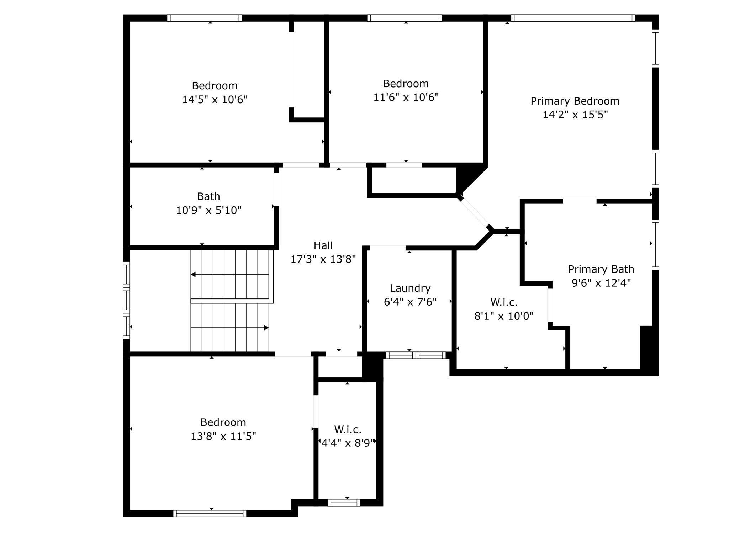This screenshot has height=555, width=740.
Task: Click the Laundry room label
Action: point(410,288)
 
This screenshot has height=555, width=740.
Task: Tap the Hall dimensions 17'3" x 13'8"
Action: point(323,259)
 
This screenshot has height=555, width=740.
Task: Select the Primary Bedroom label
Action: point(575,101)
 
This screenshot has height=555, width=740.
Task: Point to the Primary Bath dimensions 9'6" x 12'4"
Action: point(601,283)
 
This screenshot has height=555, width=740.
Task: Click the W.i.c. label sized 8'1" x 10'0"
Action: point(504,302)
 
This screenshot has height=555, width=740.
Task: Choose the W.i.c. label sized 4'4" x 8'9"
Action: point(348,429)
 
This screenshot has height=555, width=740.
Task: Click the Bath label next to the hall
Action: point(208,196)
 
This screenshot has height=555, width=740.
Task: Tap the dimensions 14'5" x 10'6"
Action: point(215,100)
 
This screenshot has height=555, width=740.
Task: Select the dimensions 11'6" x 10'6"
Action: point(406,97)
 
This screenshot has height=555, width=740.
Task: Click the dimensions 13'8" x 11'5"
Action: point(223,436)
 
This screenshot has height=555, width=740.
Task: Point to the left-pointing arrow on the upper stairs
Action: point(194,274)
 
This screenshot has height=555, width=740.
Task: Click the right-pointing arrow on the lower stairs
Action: point(266,327)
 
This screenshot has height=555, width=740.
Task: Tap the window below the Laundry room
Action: point(416,355)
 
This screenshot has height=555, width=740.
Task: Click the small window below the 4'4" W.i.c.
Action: point(343,502)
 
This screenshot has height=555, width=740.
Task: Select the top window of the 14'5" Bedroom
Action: point(204,18)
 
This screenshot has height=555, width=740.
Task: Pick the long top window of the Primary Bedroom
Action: point(572,18)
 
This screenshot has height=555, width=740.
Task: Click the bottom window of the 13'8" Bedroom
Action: point(210,513)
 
